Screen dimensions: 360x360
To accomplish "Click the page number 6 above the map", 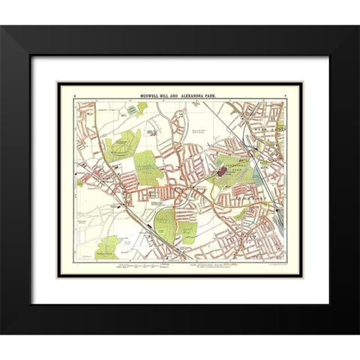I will pyautogui.click(x=76, y=88).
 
